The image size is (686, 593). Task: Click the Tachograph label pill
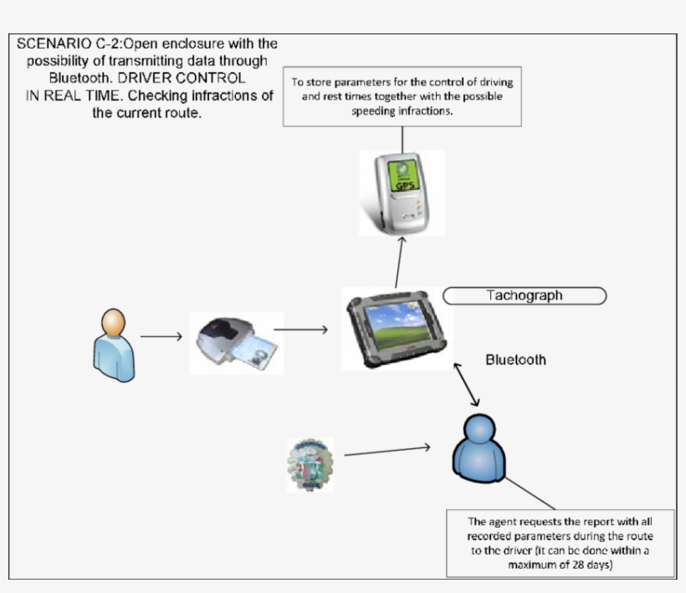coord(524,295)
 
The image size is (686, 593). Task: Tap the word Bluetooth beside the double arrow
coord(515,360)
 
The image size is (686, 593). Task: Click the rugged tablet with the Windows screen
coord(397,329)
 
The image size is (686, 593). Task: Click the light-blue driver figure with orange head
coord(113,345)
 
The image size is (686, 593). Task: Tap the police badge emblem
coord(310,464)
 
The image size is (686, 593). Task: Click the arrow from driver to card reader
coord(161,337)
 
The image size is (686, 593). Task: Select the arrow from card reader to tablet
coord(300,330)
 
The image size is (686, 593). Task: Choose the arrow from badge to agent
coord(387,451)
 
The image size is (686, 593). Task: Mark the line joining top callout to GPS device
coord(402,139)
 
